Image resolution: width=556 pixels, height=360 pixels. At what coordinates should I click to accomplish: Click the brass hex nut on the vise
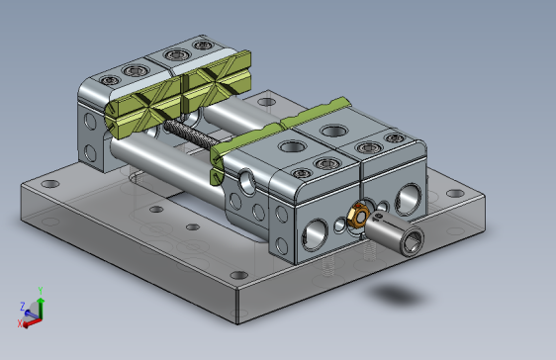tap(358, 215)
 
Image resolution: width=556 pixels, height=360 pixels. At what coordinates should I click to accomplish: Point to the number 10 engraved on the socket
tap(378, 216)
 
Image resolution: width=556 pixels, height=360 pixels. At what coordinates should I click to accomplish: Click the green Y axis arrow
tap(41, 308)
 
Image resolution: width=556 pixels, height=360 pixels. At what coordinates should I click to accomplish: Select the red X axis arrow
tap(32, 322)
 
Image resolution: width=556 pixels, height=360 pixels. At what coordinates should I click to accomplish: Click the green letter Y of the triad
tap(41, 291)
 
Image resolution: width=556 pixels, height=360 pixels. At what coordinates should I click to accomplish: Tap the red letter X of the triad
tap(20, 322)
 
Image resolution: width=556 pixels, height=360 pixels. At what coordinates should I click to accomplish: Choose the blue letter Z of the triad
tap(23, 306)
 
